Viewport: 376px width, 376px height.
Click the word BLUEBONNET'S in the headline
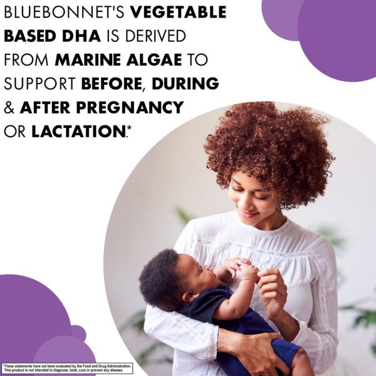pyautogui.click(x=59, y=13)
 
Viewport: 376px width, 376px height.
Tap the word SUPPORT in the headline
pyautogui.click(x=40, y=84)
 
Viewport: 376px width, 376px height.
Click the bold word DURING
pyautogui.click(x=186, y=84)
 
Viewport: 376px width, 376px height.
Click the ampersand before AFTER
pyautogui.click(x=9, y=108)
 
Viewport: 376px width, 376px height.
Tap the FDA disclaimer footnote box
pyautogui.click(x=67, y=368)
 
